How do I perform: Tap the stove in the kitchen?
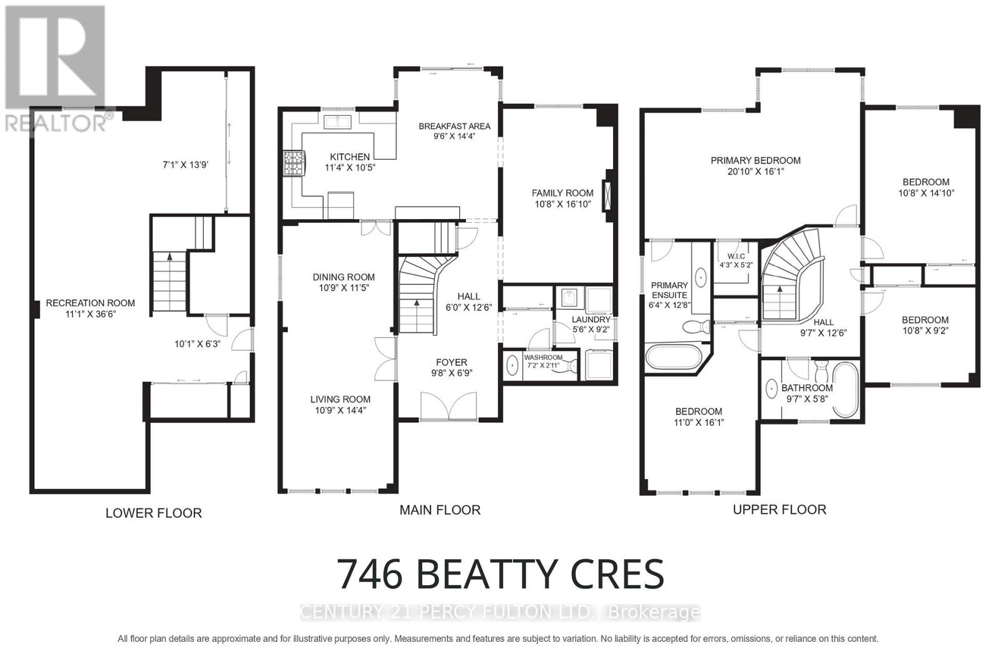(293, 163)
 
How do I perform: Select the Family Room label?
(562, 193)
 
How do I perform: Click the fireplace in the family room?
(607, 195)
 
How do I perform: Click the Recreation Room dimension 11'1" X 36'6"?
(90, 314)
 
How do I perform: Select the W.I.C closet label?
(736, 256)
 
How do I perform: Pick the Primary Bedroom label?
(755, 160)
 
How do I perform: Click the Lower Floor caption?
(153, 513)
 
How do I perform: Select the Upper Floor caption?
(779, 510)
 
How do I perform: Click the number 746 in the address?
(370, 574)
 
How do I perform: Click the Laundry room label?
(591, 319)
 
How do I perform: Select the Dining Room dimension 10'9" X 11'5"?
(343, 289)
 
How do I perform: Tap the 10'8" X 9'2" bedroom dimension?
(925, 331)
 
